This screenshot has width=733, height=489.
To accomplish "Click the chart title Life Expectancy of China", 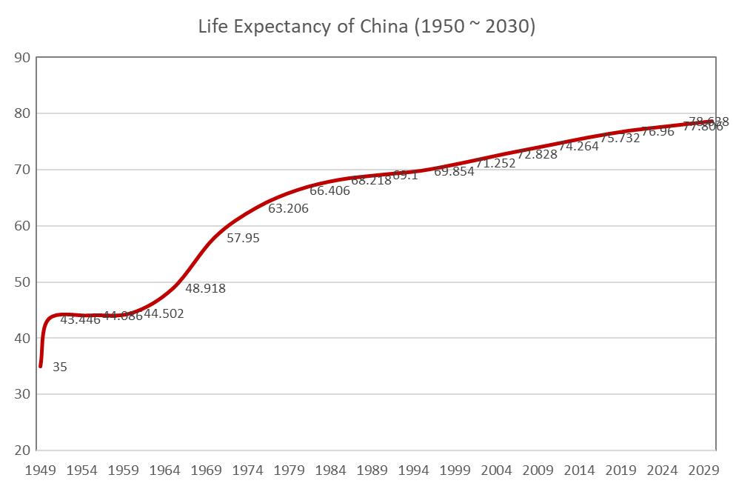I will pyautogui.click(x=366, y=27).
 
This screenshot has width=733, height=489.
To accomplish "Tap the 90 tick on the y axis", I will pyautogui.click(x=22, y=58).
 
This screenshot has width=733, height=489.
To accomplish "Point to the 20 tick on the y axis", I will pyautogui.click(x=22, y=450).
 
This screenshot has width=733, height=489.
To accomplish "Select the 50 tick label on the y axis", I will pyautogui.click(x=22, y=282).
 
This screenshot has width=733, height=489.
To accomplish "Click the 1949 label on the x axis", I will pyautogui.click(x=41, y=470).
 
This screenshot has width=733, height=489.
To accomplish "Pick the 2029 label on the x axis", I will pyautogui.click(x=703, y=470).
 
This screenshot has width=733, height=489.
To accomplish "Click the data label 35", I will pyautogui.click(x=60, y=367).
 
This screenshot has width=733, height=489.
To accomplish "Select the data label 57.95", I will pyautogui.click(x=243, y=239).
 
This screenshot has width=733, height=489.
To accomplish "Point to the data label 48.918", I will pyautogui.click(x=205, y=289).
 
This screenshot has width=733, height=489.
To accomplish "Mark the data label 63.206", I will pyautogui.click(x=288, y=209).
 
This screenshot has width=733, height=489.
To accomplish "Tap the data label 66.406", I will pyautogui.click(x=329, y=191).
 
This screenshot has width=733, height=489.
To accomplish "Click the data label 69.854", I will pyautogui.click(x=454, y=172).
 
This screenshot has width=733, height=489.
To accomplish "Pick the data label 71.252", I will pyautogui.click(x=495, y=164).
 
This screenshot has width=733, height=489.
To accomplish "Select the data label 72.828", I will pyautogui.click(x=537, y=155).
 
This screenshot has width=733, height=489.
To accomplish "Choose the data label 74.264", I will pyautogui.click(x=578, y=147).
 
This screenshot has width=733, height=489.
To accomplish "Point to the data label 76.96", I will pyautogui.click(x=657, y=132).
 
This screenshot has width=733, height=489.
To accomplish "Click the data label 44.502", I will pyautogui.click(x=164, y=314).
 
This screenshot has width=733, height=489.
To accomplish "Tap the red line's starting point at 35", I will pyautogui.click(x=41, y=366).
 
